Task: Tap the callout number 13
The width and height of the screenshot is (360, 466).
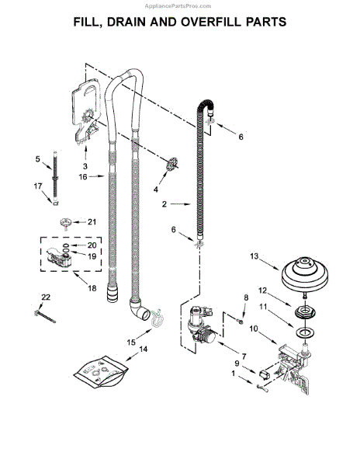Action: coord(254,256)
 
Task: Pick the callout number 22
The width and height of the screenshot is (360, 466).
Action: coord(46,297)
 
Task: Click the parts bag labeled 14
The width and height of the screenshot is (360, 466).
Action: coord(102,372)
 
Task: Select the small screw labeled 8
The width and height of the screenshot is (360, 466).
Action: coord(241,322)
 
